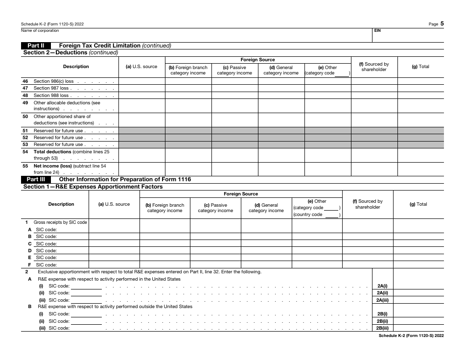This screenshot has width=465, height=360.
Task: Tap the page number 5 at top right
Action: coord(442,23)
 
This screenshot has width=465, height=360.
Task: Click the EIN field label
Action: coord(377,30)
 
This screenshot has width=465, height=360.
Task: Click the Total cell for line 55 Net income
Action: coord(420,169)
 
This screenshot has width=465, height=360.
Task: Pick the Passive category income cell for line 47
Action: coord(234,89)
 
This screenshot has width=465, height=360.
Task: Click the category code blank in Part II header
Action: coord(342,73)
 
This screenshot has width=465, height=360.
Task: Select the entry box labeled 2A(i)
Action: coord(382,286)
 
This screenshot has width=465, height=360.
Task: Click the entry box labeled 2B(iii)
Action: coord(382,328)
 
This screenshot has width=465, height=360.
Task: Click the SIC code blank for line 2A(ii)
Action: coord(86,293)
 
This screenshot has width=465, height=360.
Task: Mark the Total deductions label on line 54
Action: coord(52,152)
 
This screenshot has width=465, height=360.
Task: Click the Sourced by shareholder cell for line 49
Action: coord(374,106)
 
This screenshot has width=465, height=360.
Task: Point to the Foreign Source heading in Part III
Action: coord(241,194)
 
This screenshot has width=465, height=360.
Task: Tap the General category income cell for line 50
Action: coord(281,120)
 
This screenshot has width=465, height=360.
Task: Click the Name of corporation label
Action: coord(40,30)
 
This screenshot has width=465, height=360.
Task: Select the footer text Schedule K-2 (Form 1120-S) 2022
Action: coord(411,336)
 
